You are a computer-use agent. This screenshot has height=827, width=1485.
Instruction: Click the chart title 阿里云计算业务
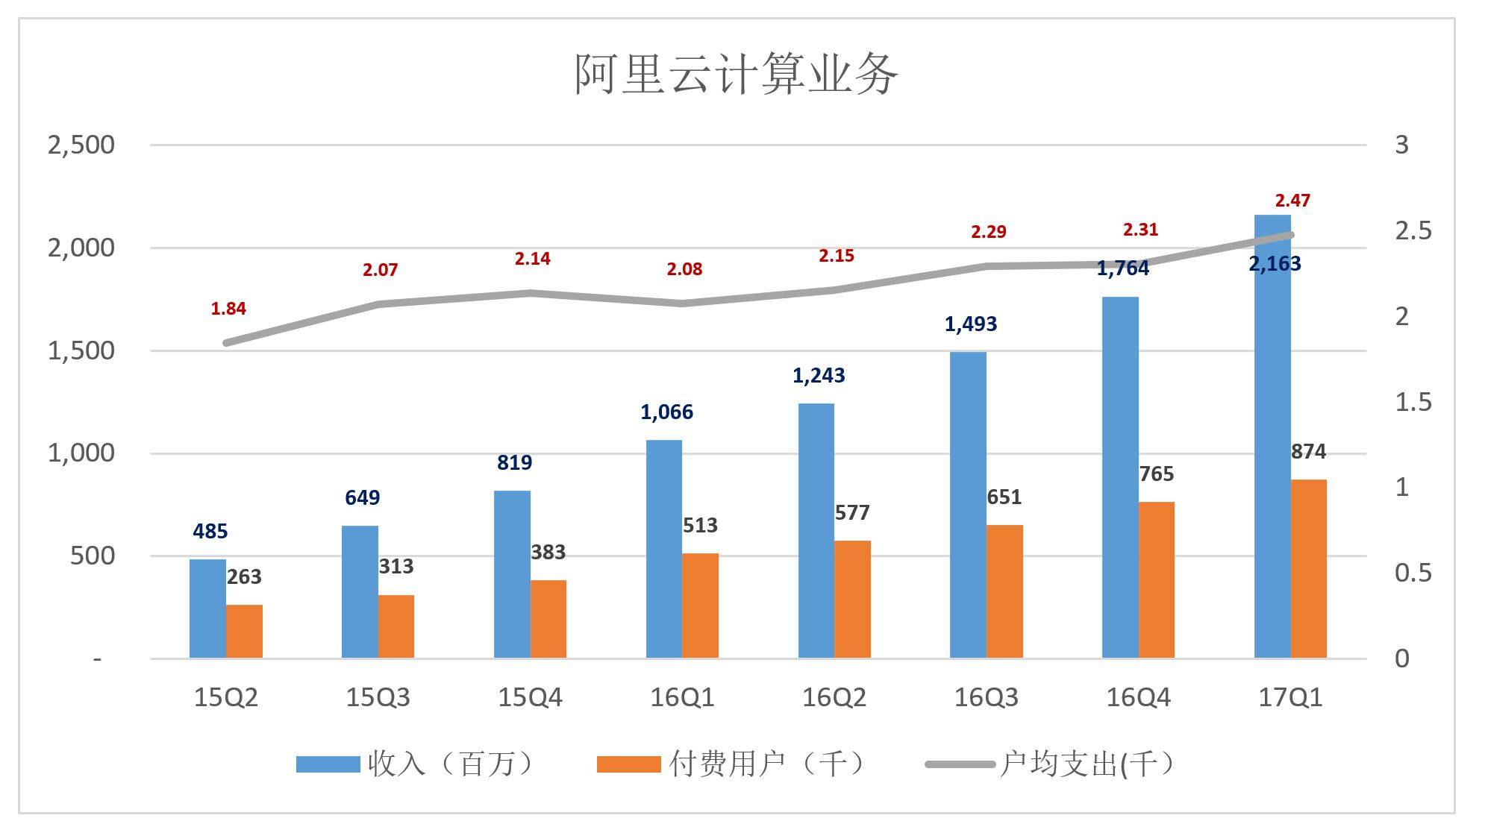736,75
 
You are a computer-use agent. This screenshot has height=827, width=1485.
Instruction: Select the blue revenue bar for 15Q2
207,609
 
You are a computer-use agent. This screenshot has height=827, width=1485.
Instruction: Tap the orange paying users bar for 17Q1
1308,568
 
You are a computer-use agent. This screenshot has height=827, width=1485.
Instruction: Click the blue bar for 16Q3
968,505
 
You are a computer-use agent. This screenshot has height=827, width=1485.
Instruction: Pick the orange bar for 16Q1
700,606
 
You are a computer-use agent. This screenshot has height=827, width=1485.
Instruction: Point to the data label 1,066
666,412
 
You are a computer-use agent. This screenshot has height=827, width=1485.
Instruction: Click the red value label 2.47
1292,201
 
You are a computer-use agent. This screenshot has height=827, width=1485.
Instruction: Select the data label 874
1308,451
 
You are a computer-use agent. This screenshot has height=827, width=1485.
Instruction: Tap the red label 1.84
228,308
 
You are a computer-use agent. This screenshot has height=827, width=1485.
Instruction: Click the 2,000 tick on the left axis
81,248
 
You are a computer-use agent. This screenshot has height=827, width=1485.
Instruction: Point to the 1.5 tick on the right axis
1413,402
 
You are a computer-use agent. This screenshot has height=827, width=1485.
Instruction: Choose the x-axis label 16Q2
834,698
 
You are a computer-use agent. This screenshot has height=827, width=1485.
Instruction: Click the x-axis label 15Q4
530,698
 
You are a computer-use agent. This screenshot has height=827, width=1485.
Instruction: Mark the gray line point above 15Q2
226,343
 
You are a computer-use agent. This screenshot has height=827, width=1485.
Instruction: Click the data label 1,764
1122,268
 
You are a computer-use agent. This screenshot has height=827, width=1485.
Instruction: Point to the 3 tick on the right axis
1401,145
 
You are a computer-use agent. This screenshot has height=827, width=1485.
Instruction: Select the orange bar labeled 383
548,619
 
